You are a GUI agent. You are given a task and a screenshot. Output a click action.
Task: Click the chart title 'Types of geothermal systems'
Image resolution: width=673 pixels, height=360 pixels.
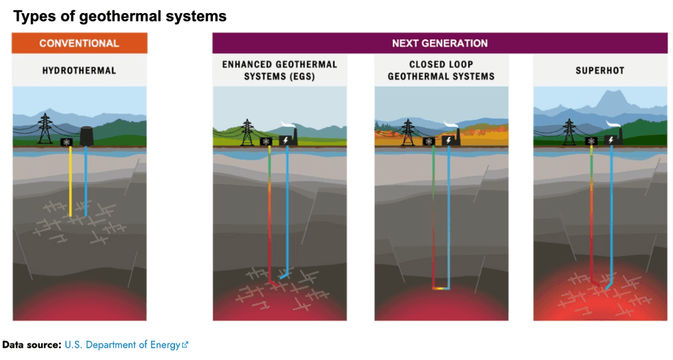(x=120, y=15)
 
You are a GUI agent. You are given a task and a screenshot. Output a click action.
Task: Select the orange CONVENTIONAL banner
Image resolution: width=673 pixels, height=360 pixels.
(x=79, y=43)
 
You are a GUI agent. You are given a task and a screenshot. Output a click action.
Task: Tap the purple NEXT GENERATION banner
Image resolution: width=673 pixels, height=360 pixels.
(x=440, y=43)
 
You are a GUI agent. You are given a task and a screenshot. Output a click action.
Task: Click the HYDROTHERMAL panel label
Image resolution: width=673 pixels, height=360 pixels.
(x=79, y=70)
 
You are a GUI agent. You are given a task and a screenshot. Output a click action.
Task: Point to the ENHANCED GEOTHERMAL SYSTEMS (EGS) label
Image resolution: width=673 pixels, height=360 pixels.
(x=280, y=70)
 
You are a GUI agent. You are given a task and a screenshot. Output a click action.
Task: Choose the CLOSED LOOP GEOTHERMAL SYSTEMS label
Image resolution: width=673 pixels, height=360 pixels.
(x=441, y=70)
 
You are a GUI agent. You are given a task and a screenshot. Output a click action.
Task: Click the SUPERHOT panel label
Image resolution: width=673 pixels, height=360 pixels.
(x=601, y=70)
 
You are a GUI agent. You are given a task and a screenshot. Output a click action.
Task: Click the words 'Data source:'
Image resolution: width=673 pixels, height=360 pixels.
(x=32, y=345)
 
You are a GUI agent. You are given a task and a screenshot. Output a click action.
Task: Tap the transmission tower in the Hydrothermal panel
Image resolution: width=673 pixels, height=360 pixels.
(x=45, y=129)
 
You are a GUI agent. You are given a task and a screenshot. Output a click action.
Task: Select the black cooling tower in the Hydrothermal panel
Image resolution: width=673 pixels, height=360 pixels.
(x=88, y=136)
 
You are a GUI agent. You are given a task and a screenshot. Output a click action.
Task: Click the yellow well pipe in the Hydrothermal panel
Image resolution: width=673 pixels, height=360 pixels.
(x=71, y=182)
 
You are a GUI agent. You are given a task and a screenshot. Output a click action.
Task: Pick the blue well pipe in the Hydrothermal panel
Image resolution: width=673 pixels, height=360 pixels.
(x=86, y=182)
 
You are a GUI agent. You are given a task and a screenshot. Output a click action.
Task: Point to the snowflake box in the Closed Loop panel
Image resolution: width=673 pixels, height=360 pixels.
(x=429, y=142)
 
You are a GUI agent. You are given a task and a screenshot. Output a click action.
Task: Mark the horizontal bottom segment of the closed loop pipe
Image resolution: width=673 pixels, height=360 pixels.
(x=441, y=288)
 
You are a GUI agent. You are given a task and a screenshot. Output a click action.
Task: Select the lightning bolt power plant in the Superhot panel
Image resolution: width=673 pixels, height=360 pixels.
(x=611, y=140)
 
